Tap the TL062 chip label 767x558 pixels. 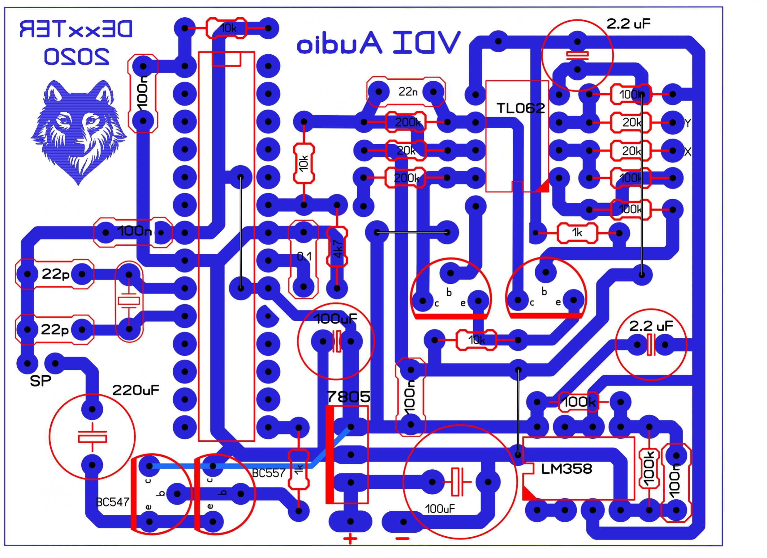pos(520,108)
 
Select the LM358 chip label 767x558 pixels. pos(567,469)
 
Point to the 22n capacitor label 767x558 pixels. pos(407,91)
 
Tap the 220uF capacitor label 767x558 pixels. pos(136,391)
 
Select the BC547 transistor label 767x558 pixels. pos(113,502)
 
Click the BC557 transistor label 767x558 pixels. pos(269,473)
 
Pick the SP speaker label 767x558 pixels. pos(41,381)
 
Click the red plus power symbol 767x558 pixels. pos(350,547)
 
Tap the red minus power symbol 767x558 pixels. pos(402,548)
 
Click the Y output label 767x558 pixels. pos(687,123)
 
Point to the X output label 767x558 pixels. pos(687,152)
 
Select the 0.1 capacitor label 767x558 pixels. pos(304,257)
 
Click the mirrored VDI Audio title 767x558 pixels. pos(379,43)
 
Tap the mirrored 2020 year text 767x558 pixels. pos(77,57)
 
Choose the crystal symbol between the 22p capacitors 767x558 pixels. pos(128,301)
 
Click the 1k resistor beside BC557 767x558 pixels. pos(298,470)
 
